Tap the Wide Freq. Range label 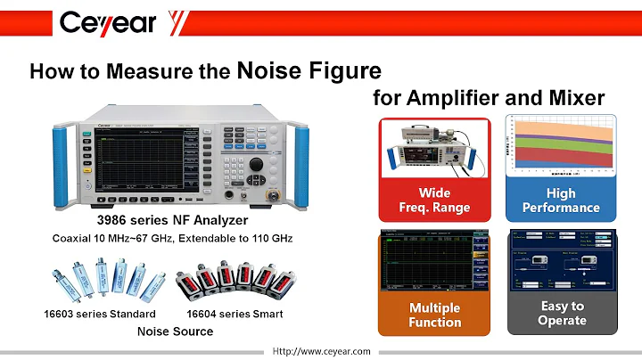point(434,200)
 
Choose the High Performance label point(561,200)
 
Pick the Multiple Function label point(434,315)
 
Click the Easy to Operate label point(561,314)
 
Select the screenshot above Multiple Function point(434,260)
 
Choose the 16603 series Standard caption point(100,314)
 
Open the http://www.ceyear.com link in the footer point(322,352)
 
